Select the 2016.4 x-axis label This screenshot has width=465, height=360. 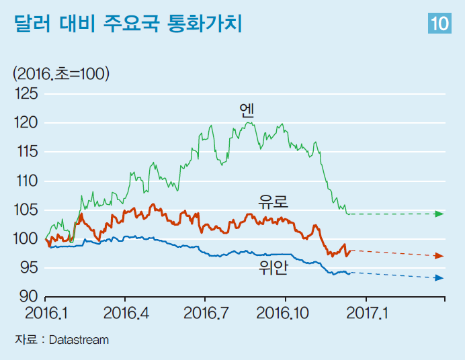pyautogui.click(x=125, y=312)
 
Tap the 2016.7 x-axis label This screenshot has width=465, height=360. pyautogui.click(x=205, y=312)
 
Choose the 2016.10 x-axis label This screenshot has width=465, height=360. pyautogui.click(x=286, y=312)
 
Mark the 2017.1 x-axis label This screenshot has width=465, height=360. pyautogui.click(x=366, y=312)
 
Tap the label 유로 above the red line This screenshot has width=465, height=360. pyautogui.click(x=273, y=201)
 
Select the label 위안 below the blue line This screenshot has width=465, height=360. pyautogui.click(x=273, y=268)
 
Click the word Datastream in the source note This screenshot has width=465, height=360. pyautogui.click(x=79, y=340)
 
